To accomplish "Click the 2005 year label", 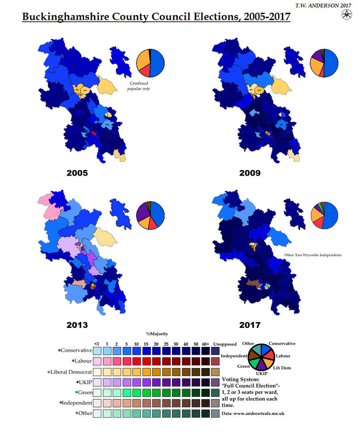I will (77, 173).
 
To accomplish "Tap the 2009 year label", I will (249, 173).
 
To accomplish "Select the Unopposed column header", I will (225, 344).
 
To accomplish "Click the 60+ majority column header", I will (206, 344).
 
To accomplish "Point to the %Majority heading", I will (157, 334).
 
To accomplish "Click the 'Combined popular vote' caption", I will (139, 86).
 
